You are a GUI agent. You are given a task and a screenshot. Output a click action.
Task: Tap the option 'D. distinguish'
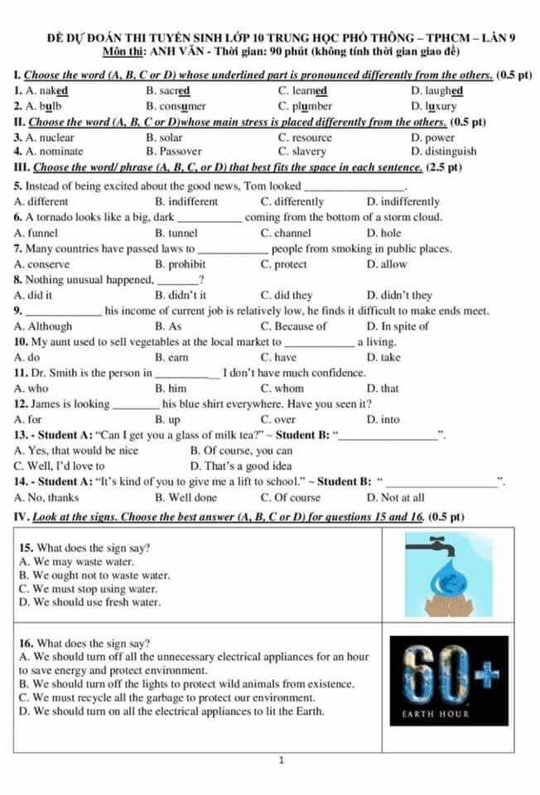pos(443,152)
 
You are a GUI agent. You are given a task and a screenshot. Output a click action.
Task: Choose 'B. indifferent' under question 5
pos(186,201)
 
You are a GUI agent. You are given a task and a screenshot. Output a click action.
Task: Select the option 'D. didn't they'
pos(399,295)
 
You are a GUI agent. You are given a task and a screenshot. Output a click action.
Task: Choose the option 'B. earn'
pos(171,357)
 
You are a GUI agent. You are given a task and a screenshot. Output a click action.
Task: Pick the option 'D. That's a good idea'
pos(241,466)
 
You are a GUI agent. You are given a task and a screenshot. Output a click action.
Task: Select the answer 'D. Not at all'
pos(396,498)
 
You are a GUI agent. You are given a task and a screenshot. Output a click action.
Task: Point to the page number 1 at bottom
pos(282,759)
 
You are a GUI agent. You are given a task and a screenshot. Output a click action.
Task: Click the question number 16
pos(27,643)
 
